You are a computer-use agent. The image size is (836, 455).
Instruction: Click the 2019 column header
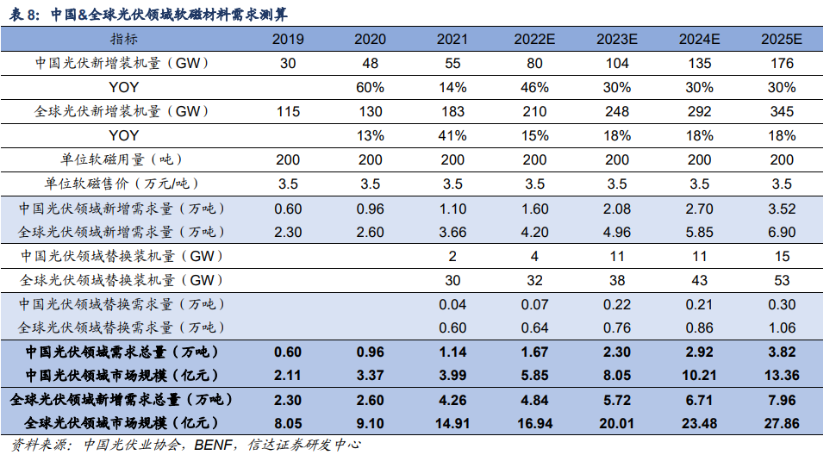click(287, 41)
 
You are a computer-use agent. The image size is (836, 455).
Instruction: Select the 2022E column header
click(535, 41)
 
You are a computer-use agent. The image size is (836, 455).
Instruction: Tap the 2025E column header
click(782, 41)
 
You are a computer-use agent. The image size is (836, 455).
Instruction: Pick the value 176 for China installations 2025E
click(782, 64)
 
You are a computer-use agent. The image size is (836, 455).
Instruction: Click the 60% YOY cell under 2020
click(370, 88)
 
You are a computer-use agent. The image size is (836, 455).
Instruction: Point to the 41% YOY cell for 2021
click(452, 136)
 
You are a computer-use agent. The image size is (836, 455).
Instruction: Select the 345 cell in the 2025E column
click(782, 112)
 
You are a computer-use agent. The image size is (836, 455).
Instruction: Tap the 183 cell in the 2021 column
click(452, 112)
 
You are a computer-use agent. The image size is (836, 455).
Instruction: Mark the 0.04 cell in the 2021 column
click(452, 304)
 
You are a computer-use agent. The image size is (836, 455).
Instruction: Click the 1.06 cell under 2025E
click(782, 327)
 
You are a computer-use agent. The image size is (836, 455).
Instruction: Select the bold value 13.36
click(782, 375)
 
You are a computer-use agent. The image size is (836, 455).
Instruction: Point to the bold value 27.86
click(782, 423)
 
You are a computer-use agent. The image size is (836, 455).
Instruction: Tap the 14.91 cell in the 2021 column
click(452, 423)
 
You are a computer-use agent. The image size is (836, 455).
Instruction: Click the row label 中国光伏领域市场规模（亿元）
click(122, 375)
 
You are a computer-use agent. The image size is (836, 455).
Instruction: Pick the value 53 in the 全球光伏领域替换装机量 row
click(782, 280)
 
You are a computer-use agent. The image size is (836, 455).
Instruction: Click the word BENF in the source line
click(211, 445)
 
